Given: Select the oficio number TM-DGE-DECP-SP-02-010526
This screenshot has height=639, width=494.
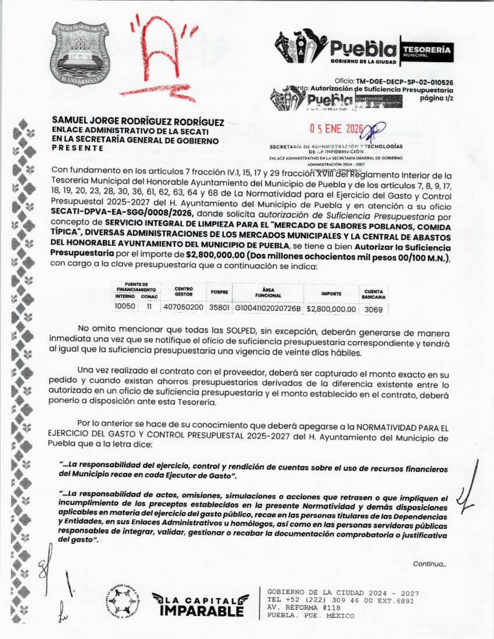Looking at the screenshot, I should [x=404, y=82].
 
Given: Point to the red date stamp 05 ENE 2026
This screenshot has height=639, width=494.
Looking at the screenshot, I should [x=336, y=129].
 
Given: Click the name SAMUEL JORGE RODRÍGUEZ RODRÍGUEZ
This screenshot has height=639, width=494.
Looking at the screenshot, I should [x=138, y=122].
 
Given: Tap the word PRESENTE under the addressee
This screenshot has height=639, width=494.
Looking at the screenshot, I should [x=78, y=148].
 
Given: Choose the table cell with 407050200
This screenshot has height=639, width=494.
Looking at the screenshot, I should [x=184, y=307].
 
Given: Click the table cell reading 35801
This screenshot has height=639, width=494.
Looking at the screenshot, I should [x=219, y=307].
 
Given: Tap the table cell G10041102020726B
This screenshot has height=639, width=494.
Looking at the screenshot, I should [x=268, y=309].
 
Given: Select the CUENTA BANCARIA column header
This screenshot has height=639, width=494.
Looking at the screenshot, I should [x=374, y=294].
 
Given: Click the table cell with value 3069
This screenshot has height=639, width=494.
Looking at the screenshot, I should [x=374, y=309].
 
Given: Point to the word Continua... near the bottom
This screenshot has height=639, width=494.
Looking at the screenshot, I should [x=430, y=564].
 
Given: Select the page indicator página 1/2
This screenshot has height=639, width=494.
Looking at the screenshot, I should [x=437, y=98].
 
